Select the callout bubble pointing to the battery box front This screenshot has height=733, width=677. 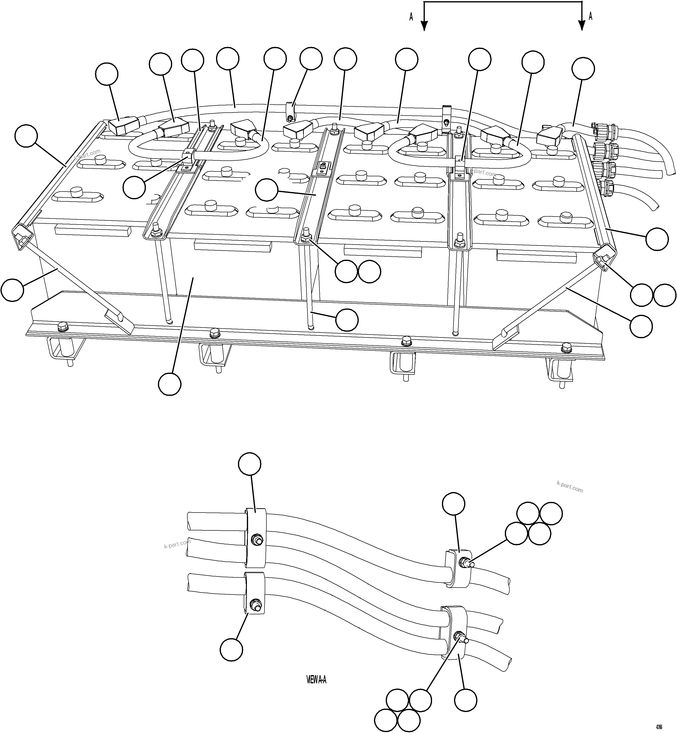(170, 384)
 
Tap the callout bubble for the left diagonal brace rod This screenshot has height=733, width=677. (13, 290)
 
